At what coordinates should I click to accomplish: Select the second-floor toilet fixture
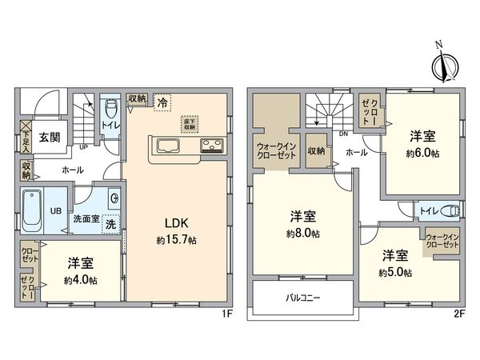[x=450, y=210]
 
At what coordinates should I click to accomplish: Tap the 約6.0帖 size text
[x=423, y=153]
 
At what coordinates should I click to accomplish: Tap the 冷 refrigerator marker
[x=162, y=102]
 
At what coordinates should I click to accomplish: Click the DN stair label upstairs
[x=342, y=133]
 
